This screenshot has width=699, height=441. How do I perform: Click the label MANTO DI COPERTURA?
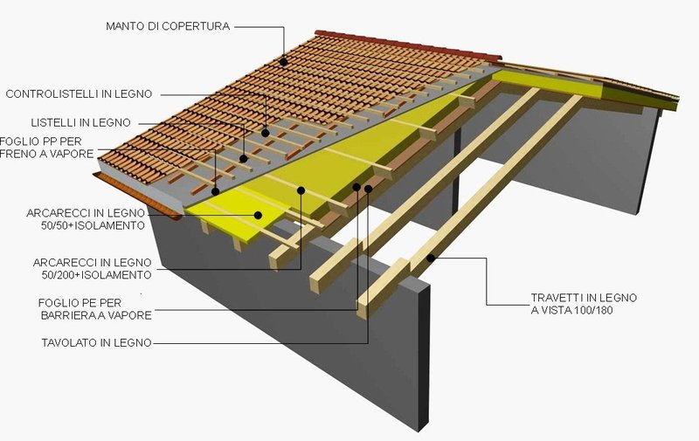click(168, 26)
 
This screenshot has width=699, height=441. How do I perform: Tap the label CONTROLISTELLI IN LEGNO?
click(79, 94)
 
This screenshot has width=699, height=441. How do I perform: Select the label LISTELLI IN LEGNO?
click(80, 122)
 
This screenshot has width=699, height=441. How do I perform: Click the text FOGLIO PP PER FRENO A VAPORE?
click(47, 148)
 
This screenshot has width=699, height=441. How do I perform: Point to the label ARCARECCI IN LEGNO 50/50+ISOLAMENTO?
click(86, 219)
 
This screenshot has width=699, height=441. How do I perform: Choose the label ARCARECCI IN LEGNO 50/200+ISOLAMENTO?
click(93, 269)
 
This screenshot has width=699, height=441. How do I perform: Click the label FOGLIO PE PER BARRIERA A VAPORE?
click(95, 309)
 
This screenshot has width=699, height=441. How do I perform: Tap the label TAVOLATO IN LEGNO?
click(97, 342)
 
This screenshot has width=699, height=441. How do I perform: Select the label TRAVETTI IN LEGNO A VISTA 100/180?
click(584, 304)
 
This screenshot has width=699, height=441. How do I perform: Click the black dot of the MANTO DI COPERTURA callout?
click(284, 62)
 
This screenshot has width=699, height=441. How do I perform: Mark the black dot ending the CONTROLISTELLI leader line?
click(266, 133)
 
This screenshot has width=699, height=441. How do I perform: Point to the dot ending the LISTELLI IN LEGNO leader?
click(244, 159)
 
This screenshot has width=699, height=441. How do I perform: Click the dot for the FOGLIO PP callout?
click(215, 192)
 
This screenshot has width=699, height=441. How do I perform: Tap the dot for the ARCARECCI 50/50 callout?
click(258, 215)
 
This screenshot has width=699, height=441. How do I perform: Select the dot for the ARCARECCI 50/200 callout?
click(301, 190)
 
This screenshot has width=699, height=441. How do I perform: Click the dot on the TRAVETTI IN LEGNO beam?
click(431, 258)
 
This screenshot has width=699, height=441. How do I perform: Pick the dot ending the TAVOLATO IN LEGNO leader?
click(368, 189)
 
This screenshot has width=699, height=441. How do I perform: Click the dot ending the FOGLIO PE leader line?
click(356, 187)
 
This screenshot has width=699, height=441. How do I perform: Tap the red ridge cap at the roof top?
click(408, 45)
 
